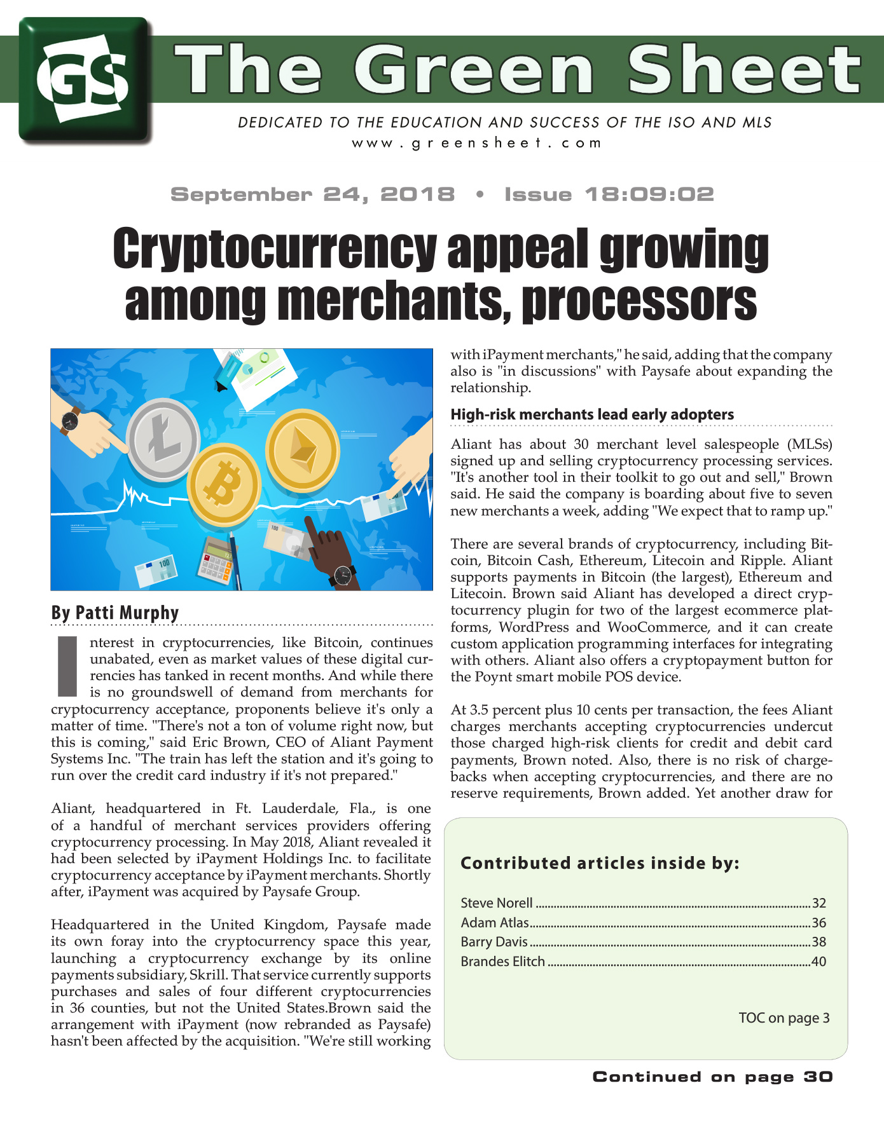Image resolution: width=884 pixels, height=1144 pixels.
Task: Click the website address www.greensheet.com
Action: point(476,143)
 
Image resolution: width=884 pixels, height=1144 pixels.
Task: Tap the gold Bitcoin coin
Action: point(225,484)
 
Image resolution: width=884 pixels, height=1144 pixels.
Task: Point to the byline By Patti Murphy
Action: point(115,613)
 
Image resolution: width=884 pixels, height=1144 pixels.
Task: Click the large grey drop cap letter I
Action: point(67,666)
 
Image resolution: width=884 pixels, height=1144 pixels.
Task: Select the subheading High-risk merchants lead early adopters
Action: point(592,414)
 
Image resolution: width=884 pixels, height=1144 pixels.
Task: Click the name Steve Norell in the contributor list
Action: point(497,903)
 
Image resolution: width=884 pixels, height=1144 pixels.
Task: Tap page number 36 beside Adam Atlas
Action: point(818,923)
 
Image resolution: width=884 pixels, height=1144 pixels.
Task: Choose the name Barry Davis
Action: point(494,942)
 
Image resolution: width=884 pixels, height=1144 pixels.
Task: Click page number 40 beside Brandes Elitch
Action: point(818,962)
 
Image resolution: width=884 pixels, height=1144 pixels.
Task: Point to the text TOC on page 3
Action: point(784,1018)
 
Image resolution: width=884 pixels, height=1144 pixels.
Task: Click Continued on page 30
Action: point(712,1077)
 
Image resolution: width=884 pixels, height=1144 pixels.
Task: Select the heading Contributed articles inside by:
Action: point(600,863)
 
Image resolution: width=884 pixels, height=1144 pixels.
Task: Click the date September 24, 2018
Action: point(312,194)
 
